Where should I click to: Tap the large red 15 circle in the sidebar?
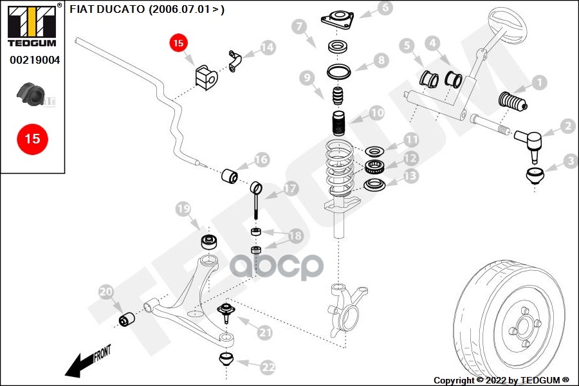(x=32, y=138)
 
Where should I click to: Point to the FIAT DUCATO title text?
(x=147, y=10)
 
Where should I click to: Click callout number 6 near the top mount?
(x=385, y=8)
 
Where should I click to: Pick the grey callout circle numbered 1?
(x=538, y=82)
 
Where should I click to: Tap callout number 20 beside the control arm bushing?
(x=106, y=293)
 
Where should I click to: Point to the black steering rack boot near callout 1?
(x=512, y=104)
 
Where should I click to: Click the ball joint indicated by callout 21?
(x=226, y=312)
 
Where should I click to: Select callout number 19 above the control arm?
(x=183, y=208)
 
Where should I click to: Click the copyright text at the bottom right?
(x=501, y=380)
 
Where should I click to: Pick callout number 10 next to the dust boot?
(x=377, y=113)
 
